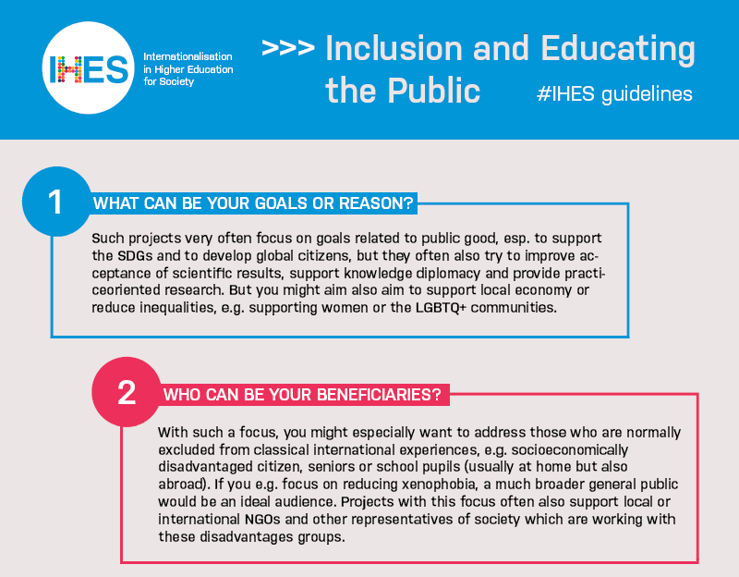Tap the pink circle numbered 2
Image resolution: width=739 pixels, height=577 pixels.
pyautogui.click(x=127, y=393)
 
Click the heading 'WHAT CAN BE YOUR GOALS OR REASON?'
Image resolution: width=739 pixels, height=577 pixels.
pyautogui.click(x=253, y=203)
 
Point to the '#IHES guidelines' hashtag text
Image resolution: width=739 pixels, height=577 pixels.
pyautogui.click(x=614, y=94)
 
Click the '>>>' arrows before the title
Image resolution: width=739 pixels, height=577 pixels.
pyautogui.click(x=288, y=49)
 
